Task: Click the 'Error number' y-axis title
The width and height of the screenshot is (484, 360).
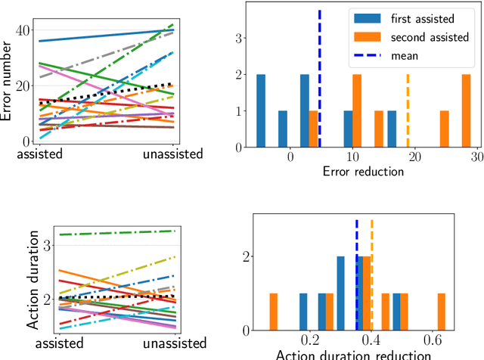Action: coord(9,72)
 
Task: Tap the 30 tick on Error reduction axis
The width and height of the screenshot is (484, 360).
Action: coord(475,155)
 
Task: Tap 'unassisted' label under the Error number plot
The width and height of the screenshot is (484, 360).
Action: coord(173,154)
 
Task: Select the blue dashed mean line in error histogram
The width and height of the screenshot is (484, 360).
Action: coord(320,76)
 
